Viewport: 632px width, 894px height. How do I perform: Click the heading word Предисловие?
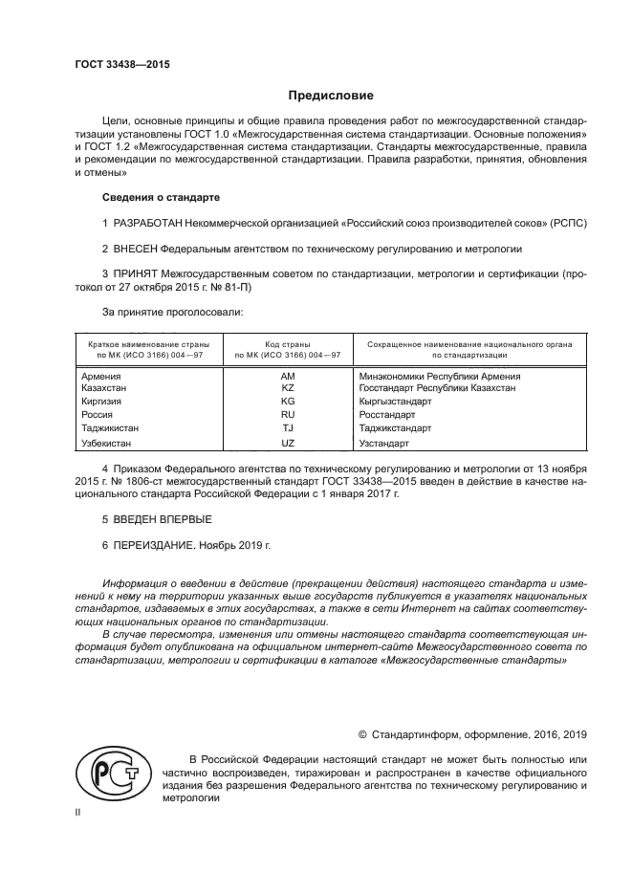coord(331,96)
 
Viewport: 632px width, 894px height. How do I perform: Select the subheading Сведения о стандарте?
coord(161,197)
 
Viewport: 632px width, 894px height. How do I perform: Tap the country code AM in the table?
coord(288,377)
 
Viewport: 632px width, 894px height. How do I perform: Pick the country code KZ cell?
coord(288,388)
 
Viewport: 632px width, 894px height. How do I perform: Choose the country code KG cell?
coord(288,402)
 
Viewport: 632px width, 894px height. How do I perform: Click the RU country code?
coord(288,416)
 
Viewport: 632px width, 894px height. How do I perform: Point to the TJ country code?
coord(288,429)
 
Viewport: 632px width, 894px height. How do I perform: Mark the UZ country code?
coord(288,444)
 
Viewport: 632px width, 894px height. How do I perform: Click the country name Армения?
coord(102,377)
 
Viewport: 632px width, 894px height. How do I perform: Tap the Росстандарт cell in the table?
coord(387,416)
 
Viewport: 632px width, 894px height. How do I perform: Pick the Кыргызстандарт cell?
coord(395,402)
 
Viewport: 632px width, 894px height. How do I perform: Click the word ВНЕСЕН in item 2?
coord(137,248)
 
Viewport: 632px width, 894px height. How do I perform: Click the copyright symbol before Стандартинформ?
coord(362,734)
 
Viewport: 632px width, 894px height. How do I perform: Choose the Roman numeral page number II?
coord(78,812)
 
